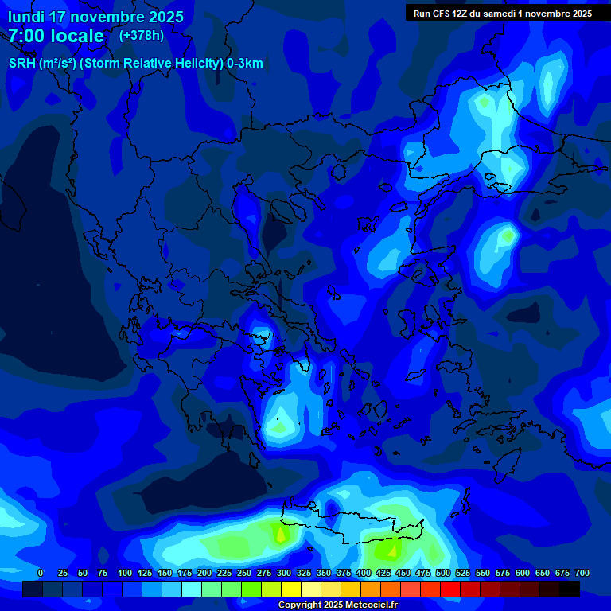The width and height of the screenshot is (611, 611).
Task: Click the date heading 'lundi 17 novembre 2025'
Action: pos(95,17)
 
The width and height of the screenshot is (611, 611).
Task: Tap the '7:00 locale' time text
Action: pos(56,36)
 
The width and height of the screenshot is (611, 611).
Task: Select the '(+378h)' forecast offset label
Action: pos(141,36)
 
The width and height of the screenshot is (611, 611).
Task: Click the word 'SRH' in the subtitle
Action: pos(21,64)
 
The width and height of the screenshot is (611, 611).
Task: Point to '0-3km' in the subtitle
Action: pos(244,64)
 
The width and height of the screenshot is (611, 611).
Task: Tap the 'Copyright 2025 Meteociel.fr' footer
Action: pos(337,605)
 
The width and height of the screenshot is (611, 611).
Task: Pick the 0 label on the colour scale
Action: pos(41,573)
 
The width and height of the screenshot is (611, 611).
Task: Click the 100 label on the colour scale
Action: pos(125,573)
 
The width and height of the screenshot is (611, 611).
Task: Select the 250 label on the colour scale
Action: pos(244,573)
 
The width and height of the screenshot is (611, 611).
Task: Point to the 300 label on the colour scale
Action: pos(284,573)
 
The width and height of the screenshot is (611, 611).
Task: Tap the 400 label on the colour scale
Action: pos(364,573)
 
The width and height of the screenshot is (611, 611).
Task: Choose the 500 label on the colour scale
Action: pos(443,573)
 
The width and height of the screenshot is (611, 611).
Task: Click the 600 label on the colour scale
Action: pos(523,573)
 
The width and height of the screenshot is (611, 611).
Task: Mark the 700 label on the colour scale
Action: pos(582,573)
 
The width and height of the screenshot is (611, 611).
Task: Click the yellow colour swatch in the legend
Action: pos(291,590)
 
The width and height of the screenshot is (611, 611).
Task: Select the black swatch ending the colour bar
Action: pos(570,590)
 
